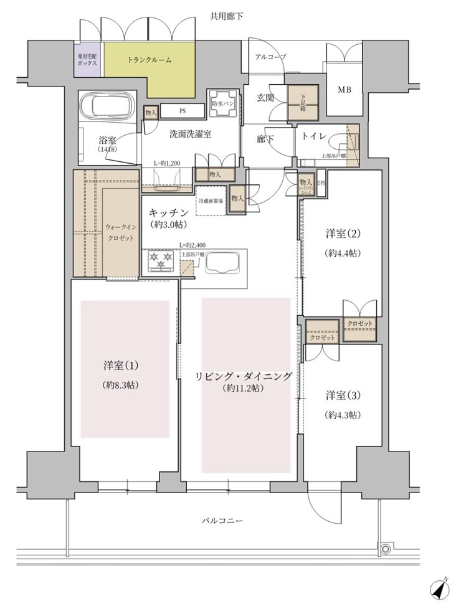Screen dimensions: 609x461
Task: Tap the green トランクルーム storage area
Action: pyautogui.click(x=150, y=61)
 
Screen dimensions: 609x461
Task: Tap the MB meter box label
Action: pyautogui.click(x=345, y=90)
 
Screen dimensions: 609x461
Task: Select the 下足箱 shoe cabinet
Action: pyautogui.click(x=303, y=100)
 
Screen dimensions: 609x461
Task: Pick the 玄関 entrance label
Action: pyautogui.click(x=267, y=98)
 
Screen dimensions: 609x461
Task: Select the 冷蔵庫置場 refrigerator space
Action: pyautogui.click(x=211, y=201)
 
